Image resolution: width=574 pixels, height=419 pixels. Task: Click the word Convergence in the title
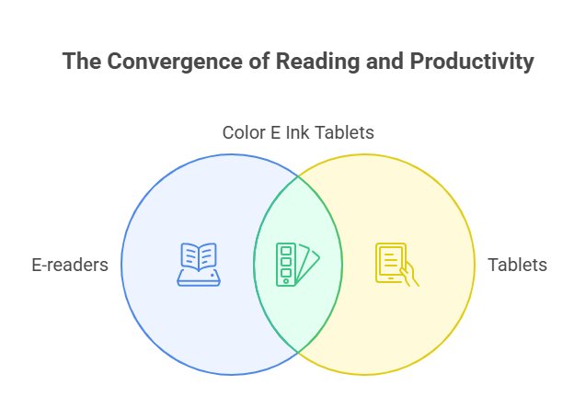176,62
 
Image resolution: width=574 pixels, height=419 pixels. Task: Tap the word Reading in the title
317,62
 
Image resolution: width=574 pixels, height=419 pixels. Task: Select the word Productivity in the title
472,62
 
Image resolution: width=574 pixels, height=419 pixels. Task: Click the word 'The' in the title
82,61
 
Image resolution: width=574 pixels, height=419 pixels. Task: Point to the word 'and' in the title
385,61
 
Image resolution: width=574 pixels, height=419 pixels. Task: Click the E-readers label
70,265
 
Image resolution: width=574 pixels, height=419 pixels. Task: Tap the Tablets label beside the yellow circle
517,265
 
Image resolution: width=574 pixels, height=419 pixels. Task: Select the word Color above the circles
244,132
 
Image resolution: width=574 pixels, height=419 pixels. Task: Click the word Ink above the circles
297,132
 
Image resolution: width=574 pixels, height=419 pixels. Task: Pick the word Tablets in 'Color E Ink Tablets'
344,132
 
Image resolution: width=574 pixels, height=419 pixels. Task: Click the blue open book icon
199,265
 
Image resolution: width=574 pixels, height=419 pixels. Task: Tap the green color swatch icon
298,265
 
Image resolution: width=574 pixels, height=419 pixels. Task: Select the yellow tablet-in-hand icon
397,265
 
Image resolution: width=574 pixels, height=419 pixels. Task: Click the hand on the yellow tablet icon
410,275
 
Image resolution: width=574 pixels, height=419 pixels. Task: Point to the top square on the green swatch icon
286,251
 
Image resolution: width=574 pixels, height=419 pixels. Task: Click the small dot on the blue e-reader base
212,276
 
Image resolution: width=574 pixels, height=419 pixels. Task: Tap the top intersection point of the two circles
298,176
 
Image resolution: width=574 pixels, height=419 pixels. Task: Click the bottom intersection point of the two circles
298,353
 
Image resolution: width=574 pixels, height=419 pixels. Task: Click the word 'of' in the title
259,61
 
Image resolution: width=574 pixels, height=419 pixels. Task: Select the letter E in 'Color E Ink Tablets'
275,132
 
